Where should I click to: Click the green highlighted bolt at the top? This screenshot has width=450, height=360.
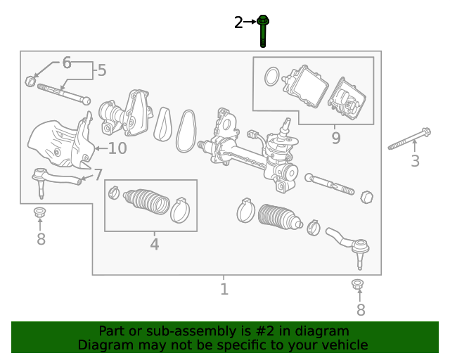pos(263,30)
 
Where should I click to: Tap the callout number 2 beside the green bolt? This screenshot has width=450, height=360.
pos(238,22)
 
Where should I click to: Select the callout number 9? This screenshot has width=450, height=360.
pos(335,138)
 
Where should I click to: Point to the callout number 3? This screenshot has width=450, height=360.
pos(415,161)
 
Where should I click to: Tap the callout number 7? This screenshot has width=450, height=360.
pos(98,174)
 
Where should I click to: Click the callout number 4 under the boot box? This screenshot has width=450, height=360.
pos(154,244)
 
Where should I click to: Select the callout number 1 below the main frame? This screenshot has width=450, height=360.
pos(224,288)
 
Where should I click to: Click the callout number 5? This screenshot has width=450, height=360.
pos(102,70)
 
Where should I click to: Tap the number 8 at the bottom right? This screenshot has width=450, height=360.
pos(361,309)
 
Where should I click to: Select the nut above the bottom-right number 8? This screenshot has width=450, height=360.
pos(357,285)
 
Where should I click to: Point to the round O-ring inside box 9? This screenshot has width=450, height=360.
pos(270,76)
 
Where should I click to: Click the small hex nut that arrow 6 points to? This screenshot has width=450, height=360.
pos(30,81)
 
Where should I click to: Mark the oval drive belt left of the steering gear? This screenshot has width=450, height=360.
pos(186,129)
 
